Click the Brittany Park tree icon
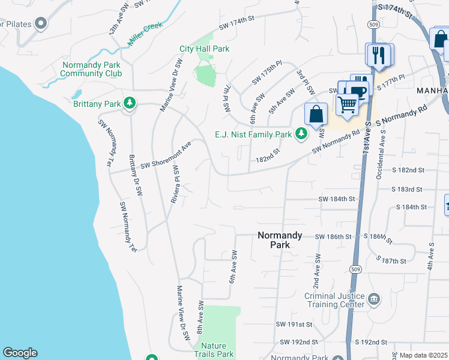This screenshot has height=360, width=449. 129,104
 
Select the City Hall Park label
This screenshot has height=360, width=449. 204,49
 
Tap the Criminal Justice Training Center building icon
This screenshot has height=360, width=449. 374,299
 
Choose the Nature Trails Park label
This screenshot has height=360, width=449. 217,350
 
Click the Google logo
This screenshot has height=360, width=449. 20,353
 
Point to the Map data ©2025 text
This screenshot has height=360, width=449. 423,355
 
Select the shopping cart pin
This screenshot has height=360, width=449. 348,104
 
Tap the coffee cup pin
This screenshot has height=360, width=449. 358,92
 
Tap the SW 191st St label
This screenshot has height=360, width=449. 294,324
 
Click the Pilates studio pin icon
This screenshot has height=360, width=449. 41,24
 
